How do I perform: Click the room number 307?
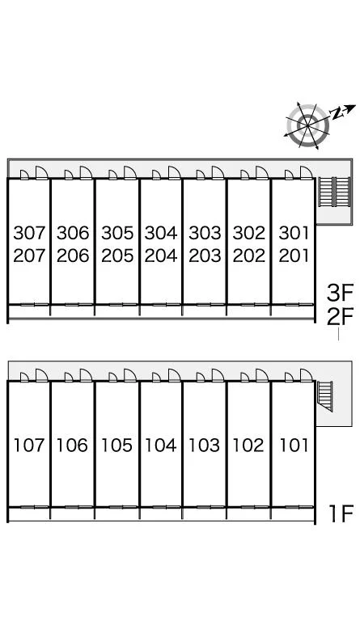[x=30, y=233]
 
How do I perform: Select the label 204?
[x=161, y=256]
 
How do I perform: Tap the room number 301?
[x=294, y=233]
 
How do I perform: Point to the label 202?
[x=248, y=256]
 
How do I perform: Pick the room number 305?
[x=117, y=233]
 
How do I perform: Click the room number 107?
[x=29, y=446]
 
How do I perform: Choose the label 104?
[x=161, y=446]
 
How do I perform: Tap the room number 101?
[x=294, y=446]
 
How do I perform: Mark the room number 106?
[x=72, y=446]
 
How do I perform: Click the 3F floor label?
[x=340, y=293]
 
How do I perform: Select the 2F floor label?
[x=340, y=317]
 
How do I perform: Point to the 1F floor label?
[x=341, y=513]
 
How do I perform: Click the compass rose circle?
[x=307, y=125]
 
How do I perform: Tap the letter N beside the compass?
[x=337, y=114]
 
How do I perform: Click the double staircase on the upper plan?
[x=335, y=192]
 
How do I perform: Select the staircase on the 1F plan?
[x=325, y=396]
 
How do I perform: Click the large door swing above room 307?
[x=41, y=173]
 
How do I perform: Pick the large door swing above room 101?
[x=306, y=375]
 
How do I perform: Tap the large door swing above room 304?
[x=174, y=173]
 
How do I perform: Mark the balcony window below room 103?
[x=205, y=507]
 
